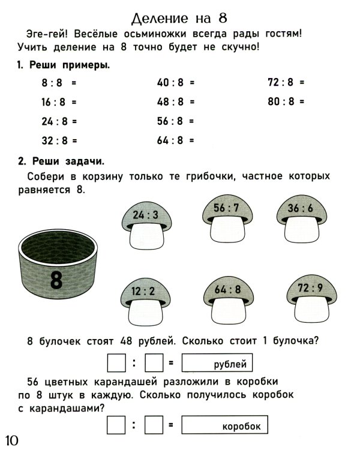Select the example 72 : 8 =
tap(286, 83)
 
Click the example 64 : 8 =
tap(175, 140)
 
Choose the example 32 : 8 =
tap(59, 140)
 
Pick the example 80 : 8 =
tap(286, 102)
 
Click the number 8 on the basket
tap(56, 280)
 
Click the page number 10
tap(13, 440)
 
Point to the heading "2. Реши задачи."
tap(60, 161)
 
